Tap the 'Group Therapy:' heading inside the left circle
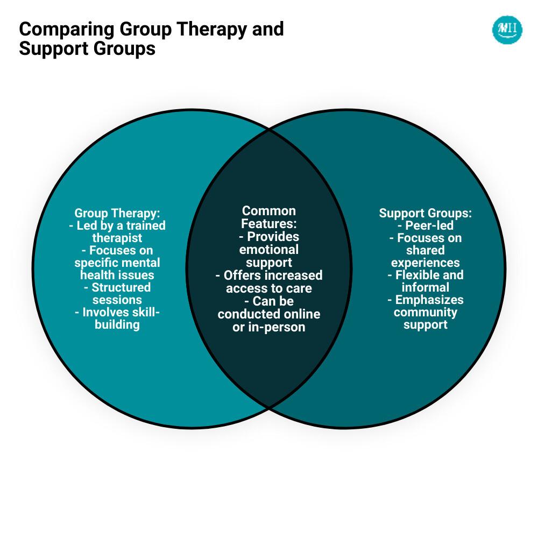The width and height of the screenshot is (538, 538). click(117, 213)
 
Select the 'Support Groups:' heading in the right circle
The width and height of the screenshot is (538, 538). click(426, 213)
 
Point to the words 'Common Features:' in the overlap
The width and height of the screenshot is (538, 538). click(268, 217)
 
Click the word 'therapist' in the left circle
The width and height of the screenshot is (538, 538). click(117, 238)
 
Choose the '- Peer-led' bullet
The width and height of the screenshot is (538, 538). click(426, 225)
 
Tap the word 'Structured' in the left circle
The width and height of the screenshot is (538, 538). click(121, 287)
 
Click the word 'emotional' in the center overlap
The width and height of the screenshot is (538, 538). click(268, 250)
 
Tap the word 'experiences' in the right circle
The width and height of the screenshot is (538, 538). click(426, 263)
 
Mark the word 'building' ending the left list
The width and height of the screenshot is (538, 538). click(117, 324)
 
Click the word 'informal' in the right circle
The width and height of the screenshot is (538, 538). click(426, 287)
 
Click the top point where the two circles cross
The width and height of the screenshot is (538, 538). click(268, 129)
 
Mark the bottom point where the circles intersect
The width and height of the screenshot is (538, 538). click(268, 407)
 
